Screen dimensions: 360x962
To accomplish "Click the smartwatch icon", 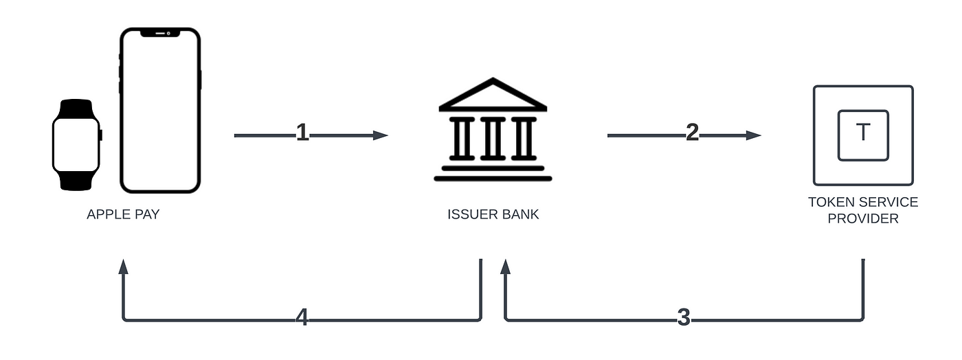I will [x=76, y=144].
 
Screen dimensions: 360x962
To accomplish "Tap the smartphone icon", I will [x=159, y=110].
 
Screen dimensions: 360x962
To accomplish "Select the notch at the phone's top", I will [x=159, y=32].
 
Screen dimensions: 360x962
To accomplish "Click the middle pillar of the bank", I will [x=493, y=138].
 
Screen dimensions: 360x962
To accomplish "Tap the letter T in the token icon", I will [x=863, y=133].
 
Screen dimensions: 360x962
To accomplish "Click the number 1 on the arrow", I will [x=302, y=133].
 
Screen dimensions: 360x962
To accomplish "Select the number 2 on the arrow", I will [x=692, y=133].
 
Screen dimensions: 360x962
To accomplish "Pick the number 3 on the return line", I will [x=683, y=317].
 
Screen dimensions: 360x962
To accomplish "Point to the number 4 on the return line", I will [x=302, y=317].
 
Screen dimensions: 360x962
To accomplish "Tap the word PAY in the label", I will [x=147, y=214].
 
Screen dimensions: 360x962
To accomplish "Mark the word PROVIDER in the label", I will [x=863, y=218].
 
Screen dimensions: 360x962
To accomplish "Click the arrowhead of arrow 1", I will [x=381, y=135].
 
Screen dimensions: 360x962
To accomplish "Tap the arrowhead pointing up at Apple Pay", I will [x=124, y=267].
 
